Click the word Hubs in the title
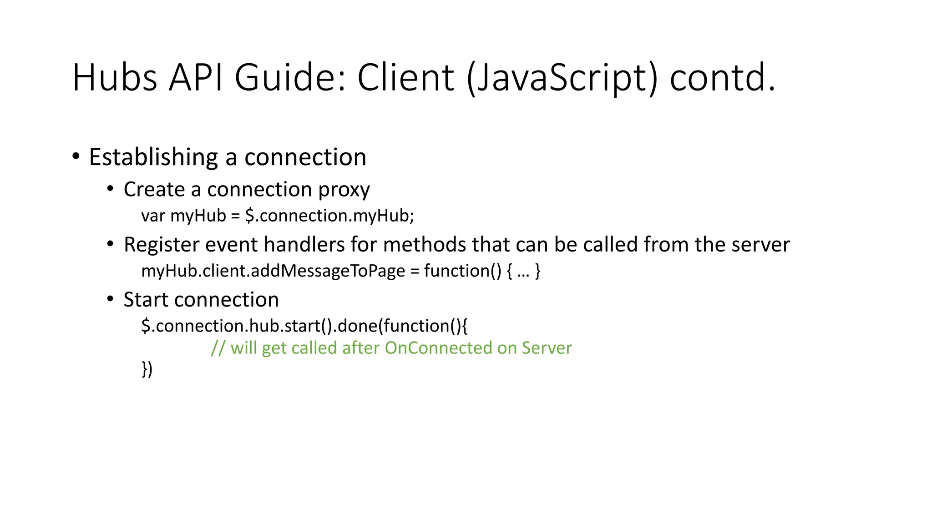(115, 77)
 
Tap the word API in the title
(196, 77)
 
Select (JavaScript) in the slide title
(562, 78)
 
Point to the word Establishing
(153, 157)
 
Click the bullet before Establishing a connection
(76, 156)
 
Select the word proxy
(344, 190)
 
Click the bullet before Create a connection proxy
(110, 188)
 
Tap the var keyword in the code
(153, 216)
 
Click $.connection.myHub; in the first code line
(329, 216)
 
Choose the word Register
(162, 245)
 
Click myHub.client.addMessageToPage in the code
(273, 271)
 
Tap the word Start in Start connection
(146, 300)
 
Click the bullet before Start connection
(110, 299)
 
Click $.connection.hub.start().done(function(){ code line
(304, 326)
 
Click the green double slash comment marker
(218, 348)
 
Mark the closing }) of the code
(147, 369)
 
